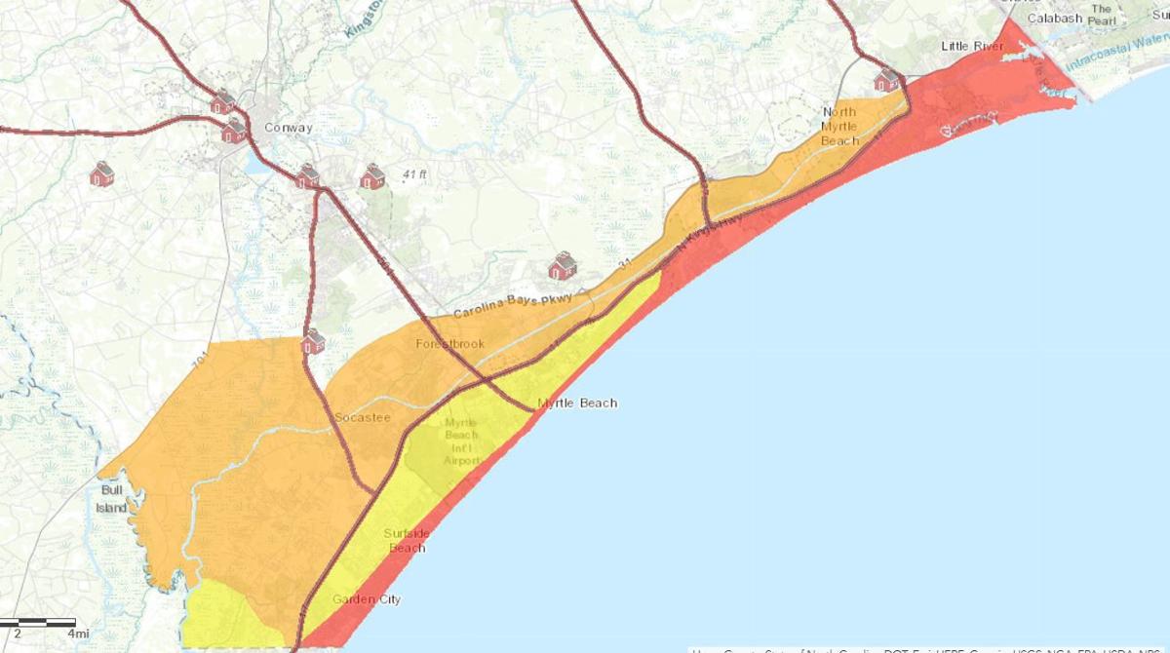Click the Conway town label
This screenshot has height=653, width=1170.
(x=288, y=128)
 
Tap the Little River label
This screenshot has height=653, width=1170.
(x=971, y=46)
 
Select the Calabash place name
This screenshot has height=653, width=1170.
(x=1054, y=19)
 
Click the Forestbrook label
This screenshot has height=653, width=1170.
(x=449, y=344)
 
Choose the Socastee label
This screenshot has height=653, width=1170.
(x=362, y=417)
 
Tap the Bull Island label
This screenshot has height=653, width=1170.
(x=112, y=499)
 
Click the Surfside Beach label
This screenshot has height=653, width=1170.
(x=406, y=540)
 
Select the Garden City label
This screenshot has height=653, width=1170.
(x=366, y=599)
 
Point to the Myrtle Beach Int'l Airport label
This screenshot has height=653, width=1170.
(x=461, y=441)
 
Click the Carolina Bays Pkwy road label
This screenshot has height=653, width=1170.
(x=511, y=305)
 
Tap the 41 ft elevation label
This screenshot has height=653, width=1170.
(x=415, y=175)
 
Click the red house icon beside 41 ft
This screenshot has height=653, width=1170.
(x=373, y=176)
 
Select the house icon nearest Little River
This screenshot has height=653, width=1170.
(x=887, y=79)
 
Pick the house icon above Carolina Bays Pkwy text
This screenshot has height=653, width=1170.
(x=562, y=266)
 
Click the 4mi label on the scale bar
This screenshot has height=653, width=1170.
(x=78, y=634)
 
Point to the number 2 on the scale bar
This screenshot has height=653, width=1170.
(x=18, y=634)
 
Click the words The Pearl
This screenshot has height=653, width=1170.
(x=1101, y=15)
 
